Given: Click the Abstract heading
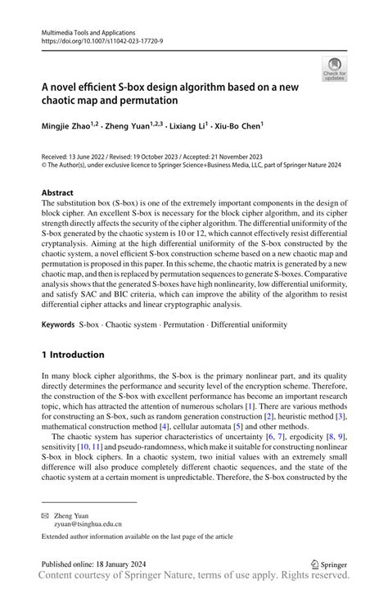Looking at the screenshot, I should tap(58, 193).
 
